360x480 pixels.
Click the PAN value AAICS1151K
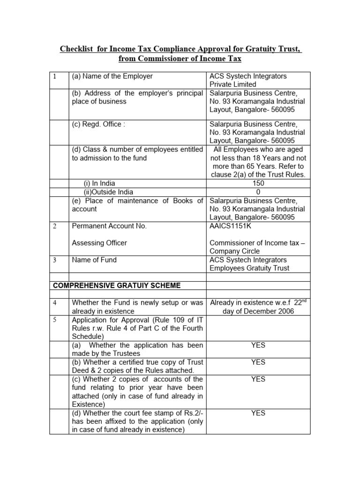(x=231, y=226)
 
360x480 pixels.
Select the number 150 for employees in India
(x=258, y=183)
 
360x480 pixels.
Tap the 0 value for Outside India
(x=258, y=192)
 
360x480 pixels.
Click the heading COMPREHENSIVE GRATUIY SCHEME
(x=116, y=285)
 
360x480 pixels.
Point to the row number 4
(x=54, y=303)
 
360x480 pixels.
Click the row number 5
(x=54, y=320)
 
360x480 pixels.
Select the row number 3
(x=54, y=260)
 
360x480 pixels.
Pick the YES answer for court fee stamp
(x=258, y=413)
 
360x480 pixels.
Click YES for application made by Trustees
(x=258, y=345)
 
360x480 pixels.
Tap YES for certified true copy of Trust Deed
(x=258, y=362)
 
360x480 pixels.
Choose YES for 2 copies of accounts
(x=258, y=379)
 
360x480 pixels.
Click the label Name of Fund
(x=94, y=260)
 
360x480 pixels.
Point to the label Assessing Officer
(x=99, y=243)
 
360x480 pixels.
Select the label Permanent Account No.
(x=109, y=226)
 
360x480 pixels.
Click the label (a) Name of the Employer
(x=112, y=76)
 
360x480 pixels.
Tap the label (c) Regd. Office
(x=98, y=124)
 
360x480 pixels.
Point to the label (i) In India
(x=99, y=183)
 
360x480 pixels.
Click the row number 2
(x=54, y=226)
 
